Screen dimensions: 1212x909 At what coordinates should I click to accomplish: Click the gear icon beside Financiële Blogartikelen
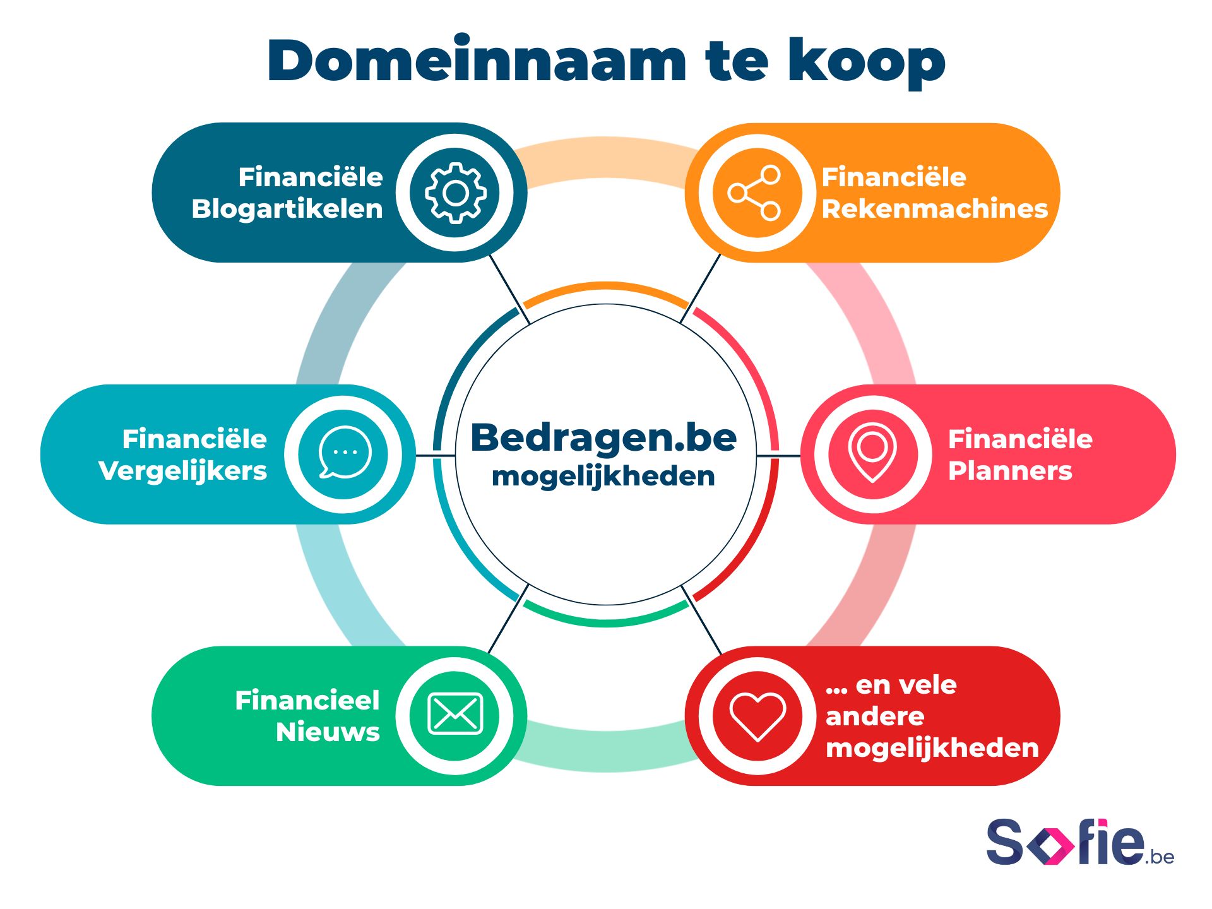click(x=455, y=193)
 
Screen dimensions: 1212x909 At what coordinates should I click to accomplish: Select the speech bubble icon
click(x=345, y=453)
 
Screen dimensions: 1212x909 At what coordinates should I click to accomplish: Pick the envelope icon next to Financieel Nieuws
click(x=455, y=714)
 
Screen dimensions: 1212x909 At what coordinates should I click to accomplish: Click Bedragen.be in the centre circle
click(x=603, y=437)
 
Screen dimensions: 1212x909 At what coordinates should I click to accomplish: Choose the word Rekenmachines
click(x=935, y=209)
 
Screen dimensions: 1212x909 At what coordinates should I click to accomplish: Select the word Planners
click(x=1010, y=471)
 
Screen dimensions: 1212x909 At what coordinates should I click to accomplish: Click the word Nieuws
click(x=328, y=732)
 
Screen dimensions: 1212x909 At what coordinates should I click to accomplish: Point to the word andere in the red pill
click(x=875, y=716)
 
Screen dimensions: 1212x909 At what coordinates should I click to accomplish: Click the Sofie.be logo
click(x=1080, y=843)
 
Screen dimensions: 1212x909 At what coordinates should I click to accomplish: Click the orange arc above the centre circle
click(x=606, y=287)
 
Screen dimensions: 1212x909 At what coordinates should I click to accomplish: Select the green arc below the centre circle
click(x=606, y=621)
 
